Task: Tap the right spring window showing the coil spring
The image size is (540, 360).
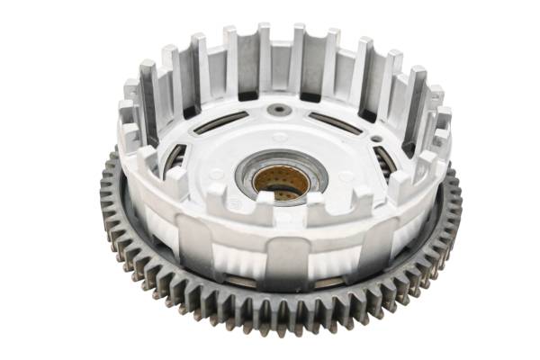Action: pos(385,160)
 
